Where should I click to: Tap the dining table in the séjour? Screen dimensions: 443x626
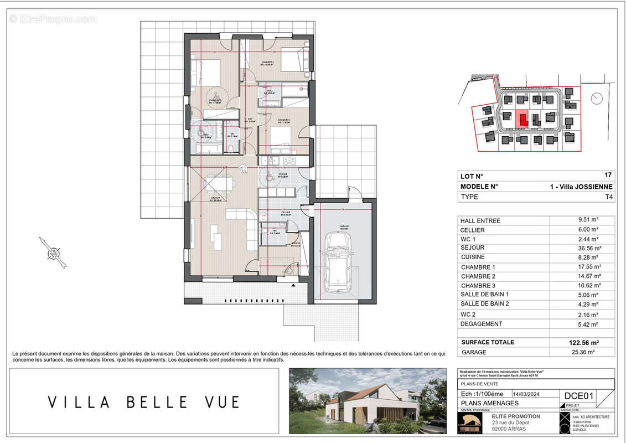point(218,182)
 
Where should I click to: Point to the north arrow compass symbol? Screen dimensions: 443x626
point(53,254)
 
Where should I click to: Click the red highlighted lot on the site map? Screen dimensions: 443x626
point(521,119)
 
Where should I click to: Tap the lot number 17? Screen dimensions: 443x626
point(609,176)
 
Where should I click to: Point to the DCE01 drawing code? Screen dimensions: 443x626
point(578,395)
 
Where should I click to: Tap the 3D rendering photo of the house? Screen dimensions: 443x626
point(368,401)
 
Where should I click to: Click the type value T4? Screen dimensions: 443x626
point(609,197)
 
